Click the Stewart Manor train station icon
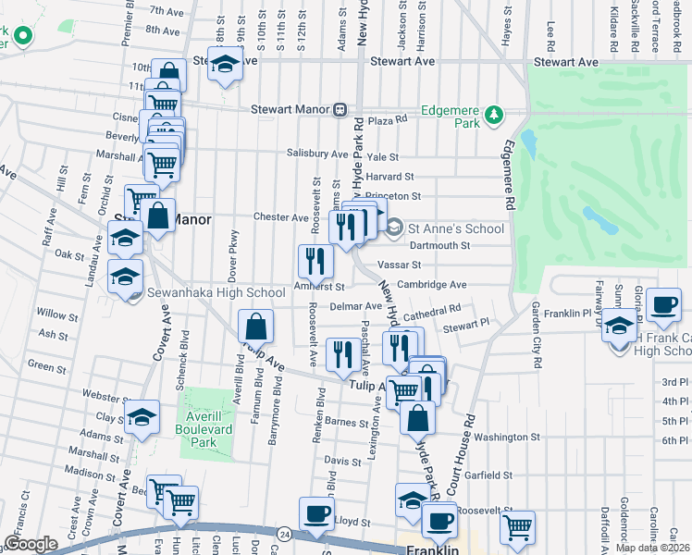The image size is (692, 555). (340, 109)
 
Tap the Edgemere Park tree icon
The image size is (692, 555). (496, 114)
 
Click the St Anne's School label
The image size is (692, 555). (456, 228)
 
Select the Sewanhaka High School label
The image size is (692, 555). (216, 293)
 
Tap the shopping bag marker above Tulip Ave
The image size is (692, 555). (255, 326)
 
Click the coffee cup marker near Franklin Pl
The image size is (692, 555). (663, 304)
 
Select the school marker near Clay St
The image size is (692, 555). (142, 417)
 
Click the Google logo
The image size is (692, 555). (31, 543)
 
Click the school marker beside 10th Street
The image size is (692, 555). (223, 64)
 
